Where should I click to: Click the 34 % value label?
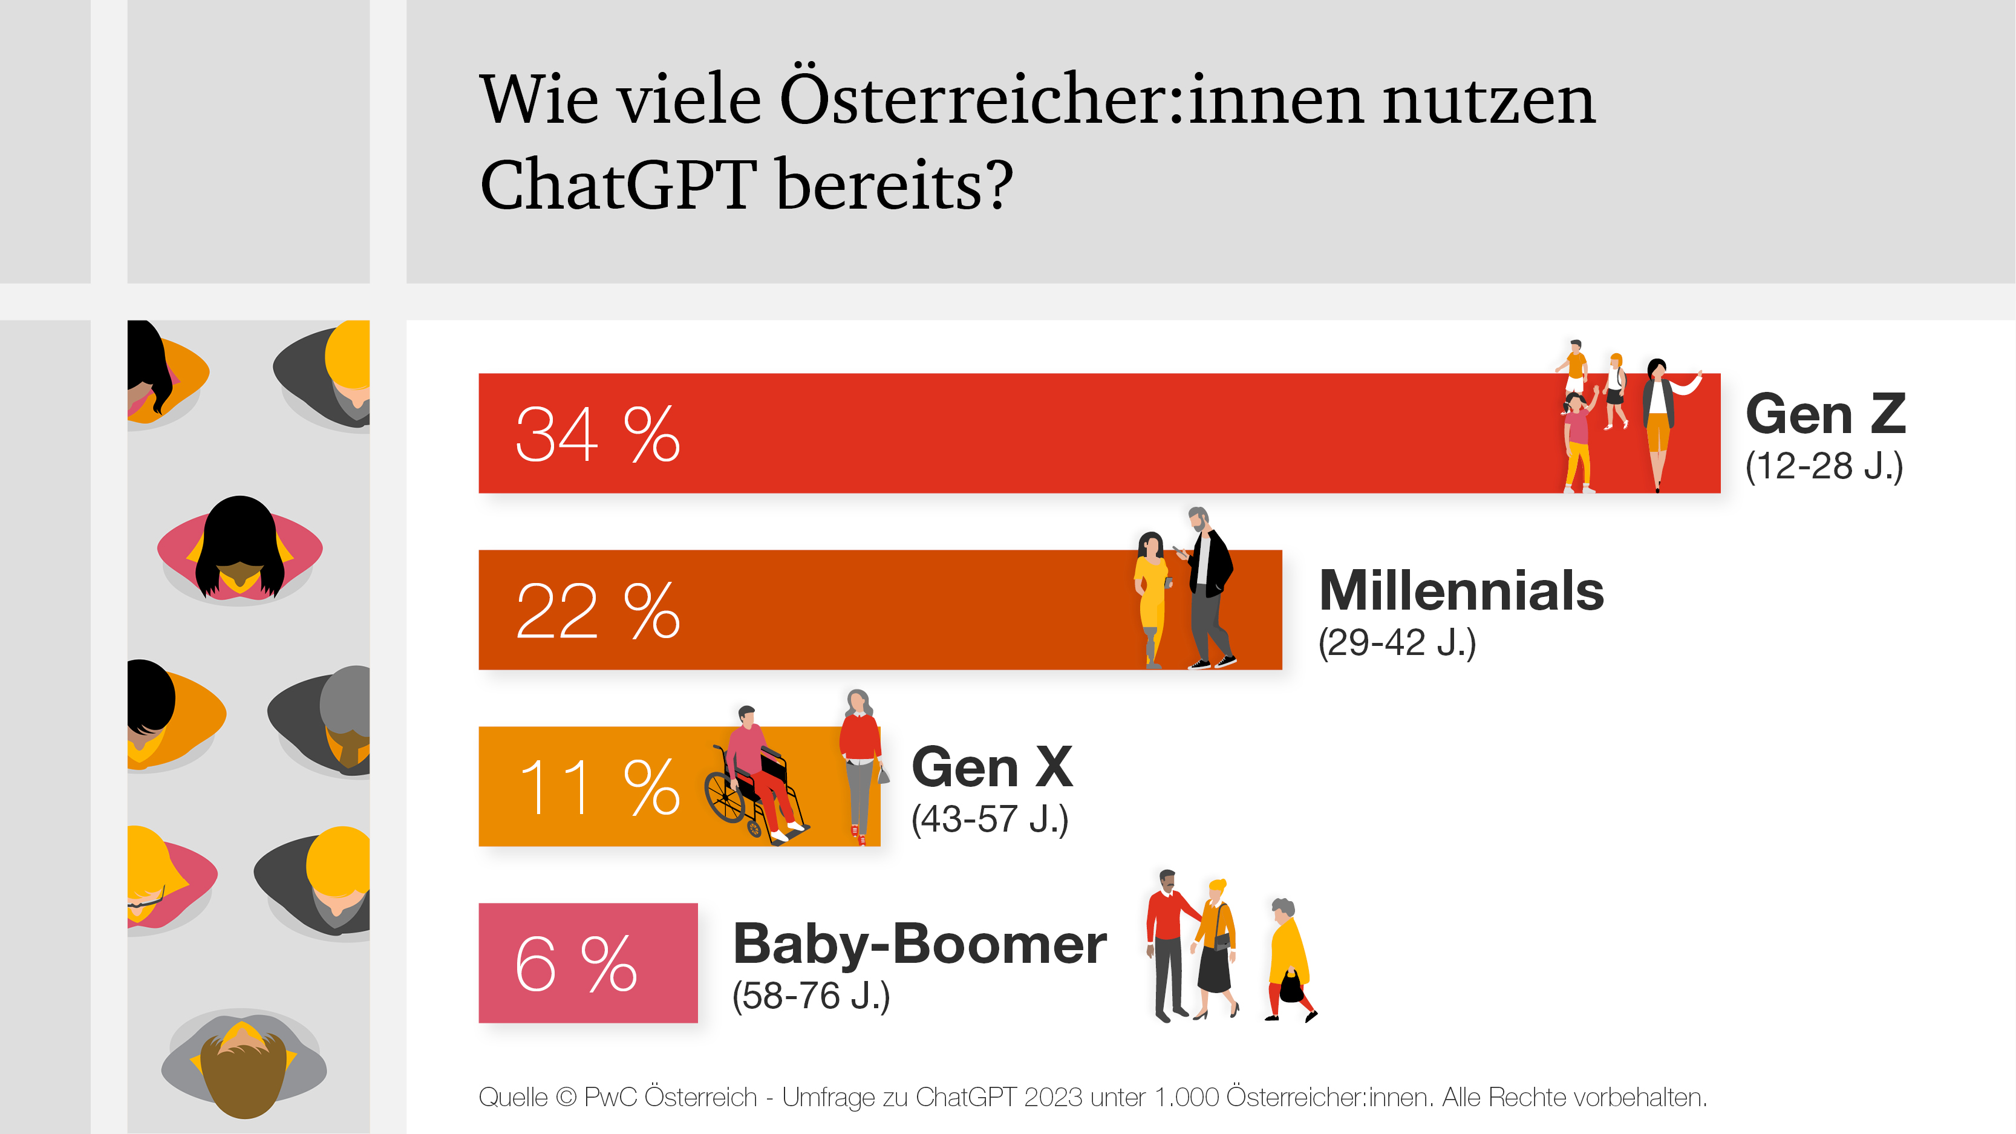click(597, 434)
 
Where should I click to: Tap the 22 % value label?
click(597, 611)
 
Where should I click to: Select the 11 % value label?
click(599, 787)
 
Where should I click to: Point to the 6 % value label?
click(575, 963)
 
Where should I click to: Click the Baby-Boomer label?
click(919, 944)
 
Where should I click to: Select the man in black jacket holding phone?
click(1207, 587)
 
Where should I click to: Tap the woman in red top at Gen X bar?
click(860, 763)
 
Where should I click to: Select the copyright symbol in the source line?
click(565, 1097)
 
